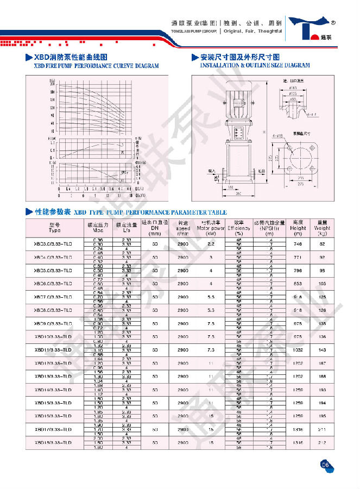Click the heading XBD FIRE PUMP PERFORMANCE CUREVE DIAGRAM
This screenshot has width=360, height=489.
pyautogui.click(x=97, y=66)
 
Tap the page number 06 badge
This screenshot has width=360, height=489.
pyautogui.click(x=326, y=464)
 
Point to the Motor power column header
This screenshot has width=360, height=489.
pyautogui.click(x=210, y=229)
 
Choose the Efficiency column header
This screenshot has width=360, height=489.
pyautogui.click(x=238, y=229)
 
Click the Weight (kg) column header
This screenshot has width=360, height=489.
pyautogui.click(x=321, y=229)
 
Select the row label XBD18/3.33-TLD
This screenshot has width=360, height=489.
pyautogui.click(x=53, y=443)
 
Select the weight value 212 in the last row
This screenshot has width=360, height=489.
pyautogui.click(x=321, y=443)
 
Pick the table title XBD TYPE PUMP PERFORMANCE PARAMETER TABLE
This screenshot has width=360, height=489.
pyautogui.click(x=150, y=212)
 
